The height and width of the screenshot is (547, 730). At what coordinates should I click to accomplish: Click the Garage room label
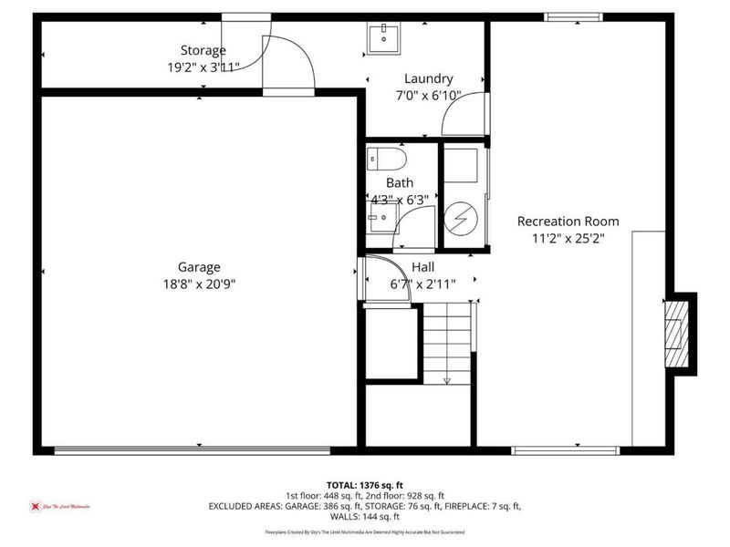(x=199, y=267)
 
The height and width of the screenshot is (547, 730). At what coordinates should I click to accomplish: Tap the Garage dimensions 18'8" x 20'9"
(x=199, y=283)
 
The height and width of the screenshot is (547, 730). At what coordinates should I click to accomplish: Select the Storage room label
(x=203, y=50)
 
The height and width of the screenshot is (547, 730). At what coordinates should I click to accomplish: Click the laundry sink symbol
(x=385, y=38)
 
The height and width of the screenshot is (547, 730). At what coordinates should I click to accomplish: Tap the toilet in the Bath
(x=385, y=160)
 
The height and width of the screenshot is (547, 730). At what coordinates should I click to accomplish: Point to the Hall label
(x=422, y=267)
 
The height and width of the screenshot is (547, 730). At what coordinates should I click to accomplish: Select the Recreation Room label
(x=568, y=222)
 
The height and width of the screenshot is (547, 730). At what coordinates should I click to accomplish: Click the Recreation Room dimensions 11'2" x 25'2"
(x=568, y=237)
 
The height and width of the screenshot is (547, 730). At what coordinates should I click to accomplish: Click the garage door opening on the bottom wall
(x=192, y=449)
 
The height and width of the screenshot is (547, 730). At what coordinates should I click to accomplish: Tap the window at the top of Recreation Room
(x=574, y=16)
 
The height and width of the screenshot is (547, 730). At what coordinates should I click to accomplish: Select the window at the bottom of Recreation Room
(x=566, y=449)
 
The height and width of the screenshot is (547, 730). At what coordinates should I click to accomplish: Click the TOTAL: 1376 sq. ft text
(x=364, y=485)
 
